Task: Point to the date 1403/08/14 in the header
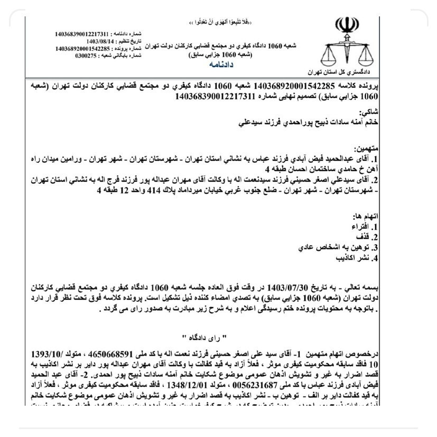click(x=103, y=41)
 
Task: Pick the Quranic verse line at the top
click(x=220, y=23)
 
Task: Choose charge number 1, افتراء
click(x=368, y=227)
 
